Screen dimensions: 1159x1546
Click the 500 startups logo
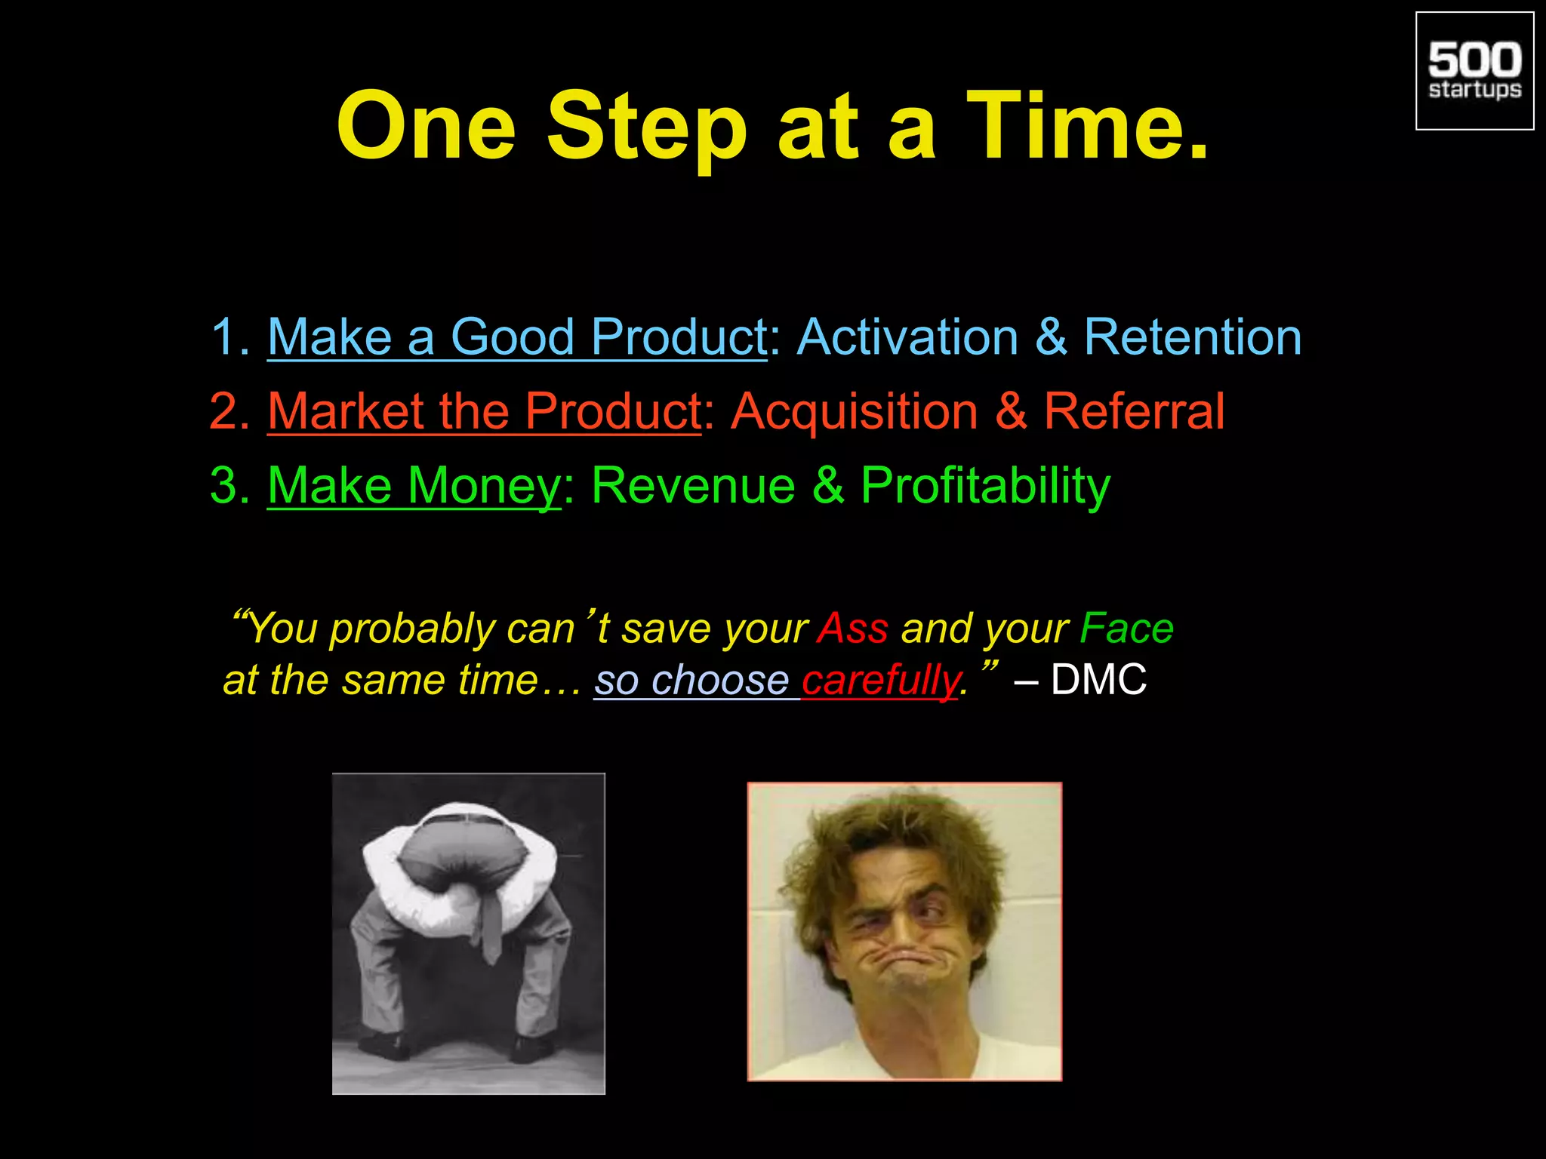click(x=1474, y=71)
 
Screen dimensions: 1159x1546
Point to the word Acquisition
click(x=855, y=412)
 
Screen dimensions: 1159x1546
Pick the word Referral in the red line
click(x=1134, y=412)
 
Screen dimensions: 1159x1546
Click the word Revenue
click(x=693, y=485)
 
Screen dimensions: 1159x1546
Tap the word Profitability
click(x=985, y=487)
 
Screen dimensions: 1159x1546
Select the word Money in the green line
click(x=483, y=485)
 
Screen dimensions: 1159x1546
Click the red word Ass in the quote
click(x=853, y=629)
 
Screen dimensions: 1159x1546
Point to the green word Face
click(x=1126, y=629)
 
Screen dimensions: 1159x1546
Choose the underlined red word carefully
click(x=879, y=681)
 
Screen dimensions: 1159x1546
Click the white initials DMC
click(x=1098, y=680)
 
